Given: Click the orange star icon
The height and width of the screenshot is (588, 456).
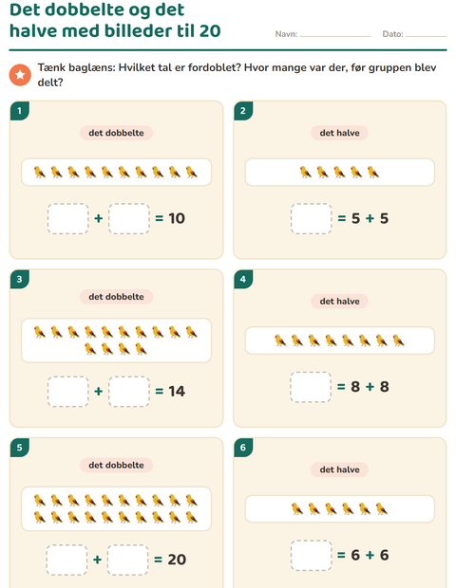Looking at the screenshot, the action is coord(20,75).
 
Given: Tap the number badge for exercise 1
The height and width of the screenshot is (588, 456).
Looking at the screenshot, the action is coord(20,111).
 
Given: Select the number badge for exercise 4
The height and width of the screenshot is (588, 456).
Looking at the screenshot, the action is coord(243,279).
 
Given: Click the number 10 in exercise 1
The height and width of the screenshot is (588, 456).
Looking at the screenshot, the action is coord(177,218).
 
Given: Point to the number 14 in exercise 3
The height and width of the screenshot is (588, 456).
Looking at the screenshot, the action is coord(177,391).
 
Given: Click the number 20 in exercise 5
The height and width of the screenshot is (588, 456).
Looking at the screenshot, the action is coord(177,560).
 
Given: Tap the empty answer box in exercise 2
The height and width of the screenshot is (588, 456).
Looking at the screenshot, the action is coord(311,219).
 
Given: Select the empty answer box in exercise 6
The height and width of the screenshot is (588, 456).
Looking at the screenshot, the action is coord(311,556).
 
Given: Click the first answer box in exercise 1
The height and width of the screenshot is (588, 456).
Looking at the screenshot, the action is coord(68,219).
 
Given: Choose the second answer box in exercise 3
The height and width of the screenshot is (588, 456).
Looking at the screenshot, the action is coord(129,392).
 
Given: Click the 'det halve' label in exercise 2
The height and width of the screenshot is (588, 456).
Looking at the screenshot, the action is coord(339,133).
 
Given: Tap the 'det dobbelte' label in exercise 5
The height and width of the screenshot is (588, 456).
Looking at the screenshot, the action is coord(116,465).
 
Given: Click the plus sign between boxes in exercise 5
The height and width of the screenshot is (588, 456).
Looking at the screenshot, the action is coord(97,560).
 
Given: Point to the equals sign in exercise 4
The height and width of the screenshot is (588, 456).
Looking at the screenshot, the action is coord(341,387).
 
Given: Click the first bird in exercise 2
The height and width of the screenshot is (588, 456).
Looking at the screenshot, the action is coord(306,172).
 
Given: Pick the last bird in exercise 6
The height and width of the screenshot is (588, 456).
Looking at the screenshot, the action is coord(382,509).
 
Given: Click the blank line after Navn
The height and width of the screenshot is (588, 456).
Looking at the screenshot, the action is coord(335,36).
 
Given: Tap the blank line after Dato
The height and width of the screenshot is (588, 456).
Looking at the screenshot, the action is coord(426,36).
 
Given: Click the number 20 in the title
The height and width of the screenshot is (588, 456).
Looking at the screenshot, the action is coord(210,30).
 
